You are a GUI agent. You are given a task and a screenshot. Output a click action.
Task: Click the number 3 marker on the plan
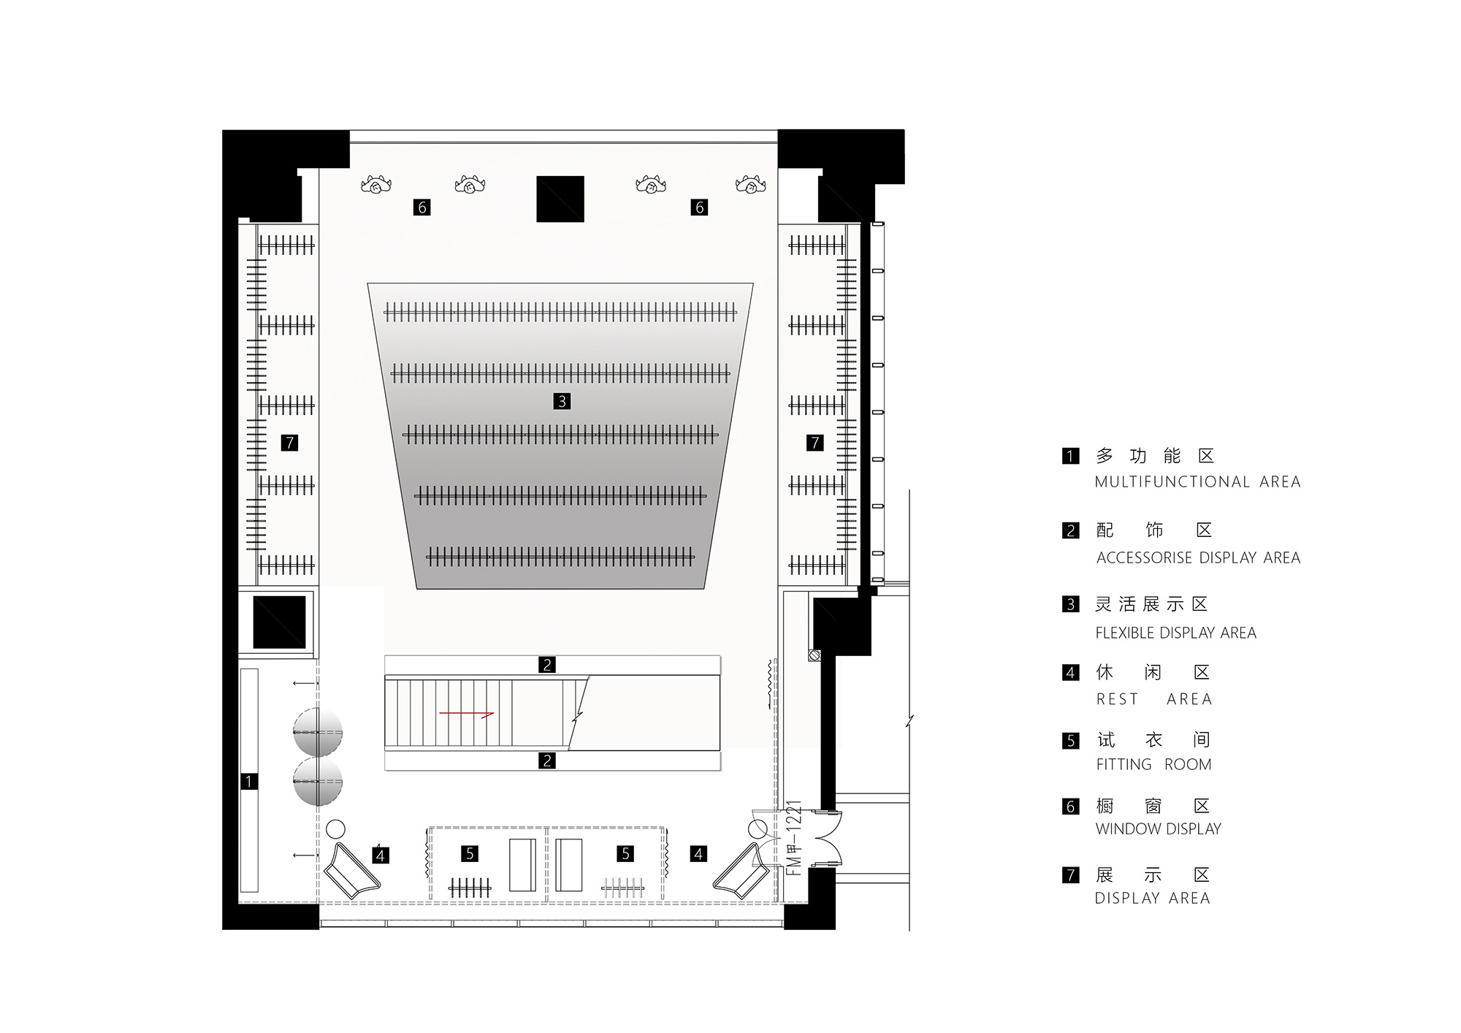562,401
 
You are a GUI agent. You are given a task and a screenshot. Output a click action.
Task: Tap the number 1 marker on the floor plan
248,782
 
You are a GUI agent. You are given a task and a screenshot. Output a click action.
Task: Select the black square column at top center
560,199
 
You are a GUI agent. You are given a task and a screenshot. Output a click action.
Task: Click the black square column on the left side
279,622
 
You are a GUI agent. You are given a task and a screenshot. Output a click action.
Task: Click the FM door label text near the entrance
796,838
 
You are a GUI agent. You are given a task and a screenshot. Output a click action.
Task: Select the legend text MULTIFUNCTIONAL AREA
1197,482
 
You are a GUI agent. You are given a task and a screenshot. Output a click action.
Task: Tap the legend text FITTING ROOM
1153,765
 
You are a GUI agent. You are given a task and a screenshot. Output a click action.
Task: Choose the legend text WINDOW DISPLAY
1158,829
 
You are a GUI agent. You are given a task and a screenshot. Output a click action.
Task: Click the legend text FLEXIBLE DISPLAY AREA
1175,633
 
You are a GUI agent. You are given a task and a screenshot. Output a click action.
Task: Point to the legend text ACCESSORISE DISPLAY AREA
1198,558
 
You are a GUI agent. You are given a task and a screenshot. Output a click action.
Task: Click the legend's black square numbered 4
1070,673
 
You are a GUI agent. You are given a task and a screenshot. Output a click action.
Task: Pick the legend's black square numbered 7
1070,874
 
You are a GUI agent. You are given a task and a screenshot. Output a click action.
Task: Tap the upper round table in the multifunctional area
318,732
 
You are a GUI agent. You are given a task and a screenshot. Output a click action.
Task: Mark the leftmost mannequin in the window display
377,185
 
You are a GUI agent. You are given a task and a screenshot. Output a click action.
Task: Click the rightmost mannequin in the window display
750,185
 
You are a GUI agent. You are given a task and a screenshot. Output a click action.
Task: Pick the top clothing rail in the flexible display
560,313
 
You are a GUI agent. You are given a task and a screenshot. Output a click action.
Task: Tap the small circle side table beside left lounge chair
335,829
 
